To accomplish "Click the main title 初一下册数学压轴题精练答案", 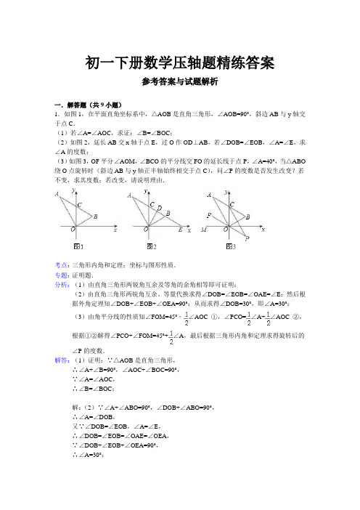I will pos(179,63).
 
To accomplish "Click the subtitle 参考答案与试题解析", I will pos(179,84).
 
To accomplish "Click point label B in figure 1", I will pos(95,216).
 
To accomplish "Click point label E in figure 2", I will pos(180,231).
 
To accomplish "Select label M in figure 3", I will pos(205,230).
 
